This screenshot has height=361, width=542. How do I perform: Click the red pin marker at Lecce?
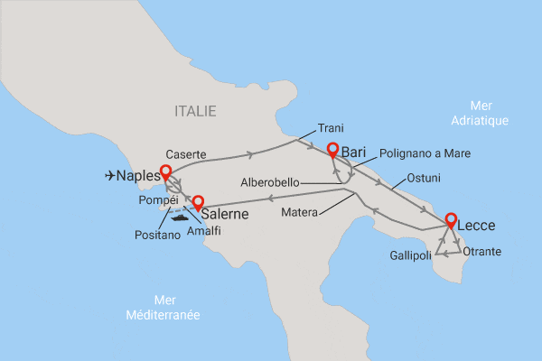tap(449, 219)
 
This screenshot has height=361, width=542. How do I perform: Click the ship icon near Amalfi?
tap(179, 216)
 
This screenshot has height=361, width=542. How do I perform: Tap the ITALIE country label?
tap(195, 111)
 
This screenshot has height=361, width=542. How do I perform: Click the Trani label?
tap(332, 128)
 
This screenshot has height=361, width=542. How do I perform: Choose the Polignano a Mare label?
tap(425, 153)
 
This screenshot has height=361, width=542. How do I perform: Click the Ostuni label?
tap(425, 176)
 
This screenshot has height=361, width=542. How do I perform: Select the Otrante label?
tap(481, 251)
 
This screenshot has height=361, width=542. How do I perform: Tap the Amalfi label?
tap(202, 231)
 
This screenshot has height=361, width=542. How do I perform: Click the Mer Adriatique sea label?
tap(479, 113)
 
